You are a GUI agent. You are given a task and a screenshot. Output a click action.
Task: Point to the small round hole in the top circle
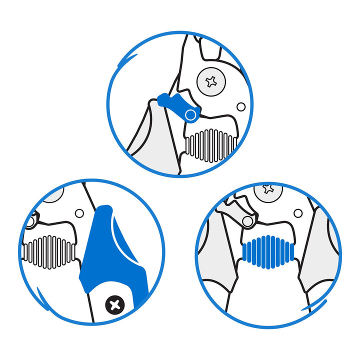pos(241,106)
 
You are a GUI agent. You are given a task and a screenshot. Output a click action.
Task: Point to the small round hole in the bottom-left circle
pos(79,213)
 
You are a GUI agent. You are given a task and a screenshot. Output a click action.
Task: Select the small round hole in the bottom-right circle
pos(298,213)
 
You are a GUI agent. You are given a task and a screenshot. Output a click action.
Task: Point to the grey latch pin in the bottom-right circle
pos(247,220)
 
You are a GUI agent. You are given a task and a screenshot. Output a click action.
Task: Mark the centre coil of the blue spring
pos(269,252)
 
